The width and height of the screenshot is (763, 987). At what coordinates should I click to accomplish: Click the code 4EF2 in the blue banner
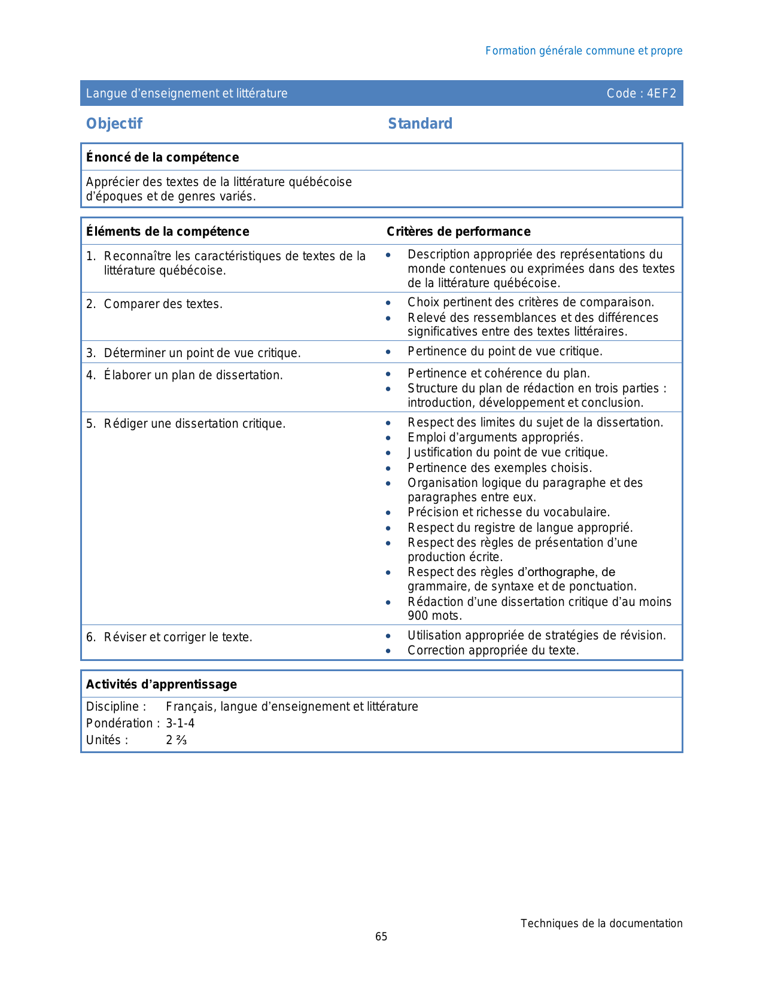(x=661, y=93)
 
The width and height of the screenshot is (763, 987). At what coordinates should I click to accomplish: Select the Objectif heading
(x=114, y=124)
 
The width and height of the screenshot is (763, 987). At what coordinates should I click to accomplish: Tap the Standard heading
(x=420, y=124)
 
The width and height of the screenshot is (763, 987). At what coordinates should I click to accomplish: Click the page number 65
(x=381, y=937)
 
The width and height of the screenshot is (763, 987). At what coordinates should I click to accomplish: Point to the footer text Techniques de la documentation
(x=601, y=924)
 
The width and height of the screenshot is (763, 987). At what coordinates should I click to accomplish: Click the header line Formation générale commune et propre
(x=583, y=51)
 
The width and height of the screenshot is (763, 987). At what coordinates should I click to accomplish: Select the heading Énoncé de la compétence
(x=162, y=157)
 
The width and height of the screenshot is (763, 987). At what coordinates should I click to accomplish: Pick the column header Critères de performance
(x=458, y=231)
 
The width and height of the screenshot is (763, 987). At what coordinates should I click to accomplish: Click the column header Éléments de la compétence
(x=168, y=231)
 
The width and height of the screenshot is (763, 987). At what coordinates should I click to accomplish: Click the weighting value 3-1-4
(x=180, y=723)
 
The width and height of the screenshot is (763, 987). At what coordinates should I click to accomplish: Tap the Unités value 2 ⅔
(x=177, y=740)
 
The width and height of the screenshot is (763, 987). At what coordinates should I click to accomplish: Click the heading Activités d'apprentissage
(x=162, y=684)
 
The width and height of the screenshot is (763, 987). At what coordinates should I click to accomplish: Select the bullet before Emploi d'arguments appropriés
(x=388, y=438)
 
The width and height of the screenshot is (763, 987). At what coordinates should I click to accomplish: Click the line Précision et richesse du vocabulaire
(x=509, y=512)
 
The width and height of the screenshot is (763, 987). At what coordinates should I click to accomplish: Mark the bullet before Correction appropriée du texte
(x=388, y=651)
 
